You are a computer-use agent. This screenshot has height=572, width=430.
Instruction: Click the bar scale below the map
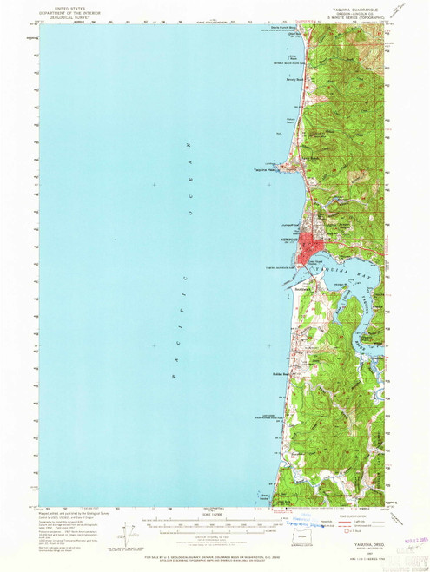(x=214, y=523)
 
